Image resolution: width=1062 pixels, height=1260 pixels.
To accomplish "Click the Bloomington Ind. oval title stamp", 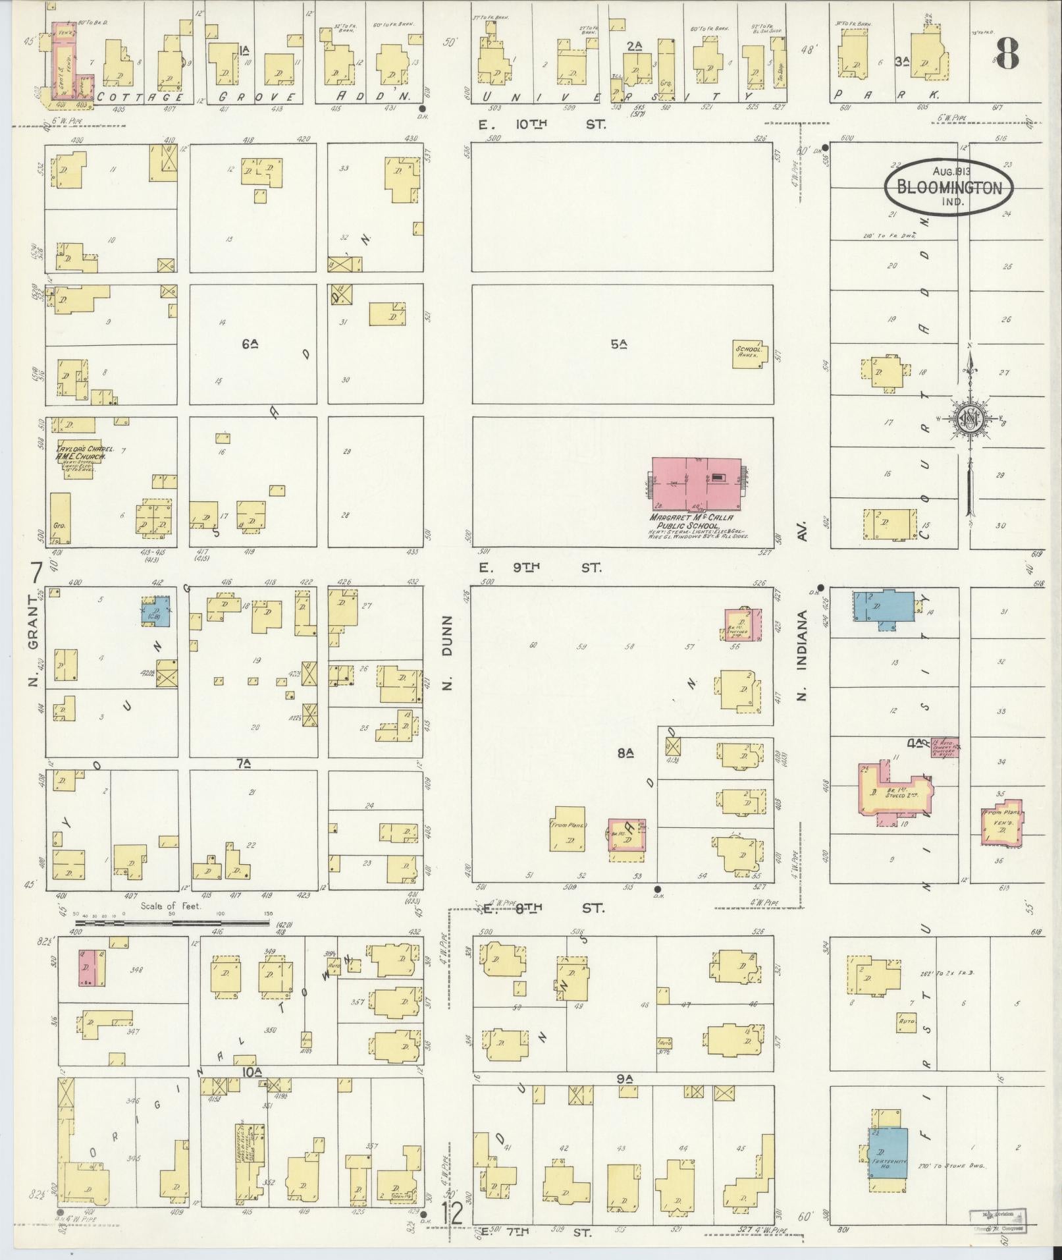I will coord(948,187).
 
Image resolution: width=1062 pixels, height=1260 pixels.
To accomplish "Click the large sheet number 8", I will coord(1007,53).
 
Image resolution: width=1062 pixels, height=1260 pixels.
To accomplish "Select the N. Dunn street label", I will coord(448,652).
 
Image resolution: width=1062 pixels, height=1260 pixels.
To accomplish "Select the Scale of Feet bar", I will coord(171,923).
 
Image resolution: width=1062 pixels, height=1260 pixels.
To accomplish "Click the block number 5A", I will coord(618,343).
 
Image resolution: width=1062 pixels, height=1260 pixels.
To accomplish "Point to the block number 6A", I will coord(249,343).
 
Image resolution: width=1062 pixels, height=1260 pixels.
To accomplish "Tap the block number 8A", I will coord(625,753).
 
